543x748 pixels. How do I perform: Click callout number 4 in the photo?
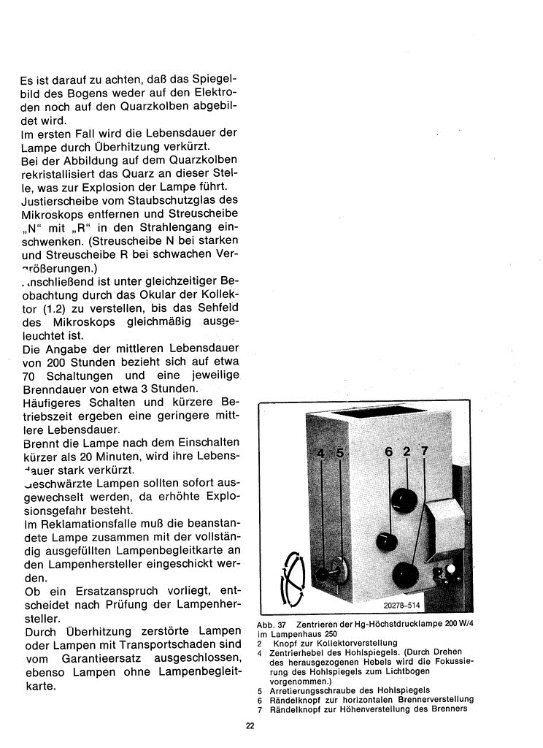[x=320, y=454]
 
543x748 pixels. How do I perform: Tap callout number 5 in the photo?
[x=339, y=454]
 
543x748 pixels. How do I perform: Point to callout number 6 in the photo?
[x=389, y=452]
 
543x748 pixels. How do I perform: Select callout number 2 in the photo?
[x=407, y=452]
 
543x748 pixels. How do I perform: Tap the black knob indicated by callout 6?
[x=385, y=542]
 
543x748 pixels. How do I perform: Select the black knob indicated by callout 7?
[x=405, y=576]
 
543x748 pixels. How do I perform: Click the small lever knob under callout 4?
[x=322, y=575]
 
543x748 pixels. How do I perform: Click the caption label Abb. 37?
[x=271, y=625]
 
